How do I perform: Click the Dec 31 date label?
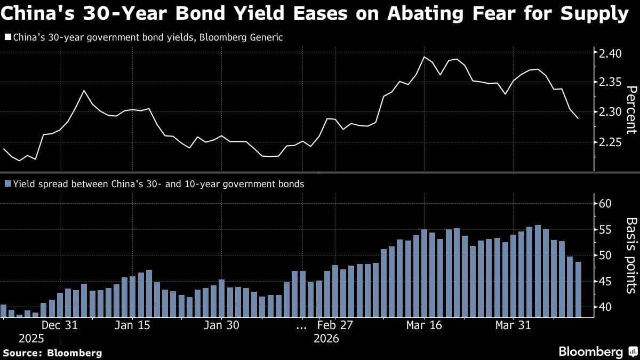coord(60,325)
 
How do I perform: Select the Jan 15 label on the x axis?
coord(132,325)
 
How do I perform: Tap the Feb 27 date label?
coord(334,325)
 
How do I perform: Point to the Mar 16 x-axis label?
coord(424,325)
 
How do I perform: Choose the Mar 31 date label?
coord(513,325)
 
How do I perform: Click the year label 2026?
coord(326,339)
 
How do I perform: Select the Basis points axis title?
coord(630,255)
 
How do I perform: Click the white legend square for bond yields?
coord(7,38)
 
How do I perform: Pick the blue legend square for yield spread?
coord(7,184)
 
